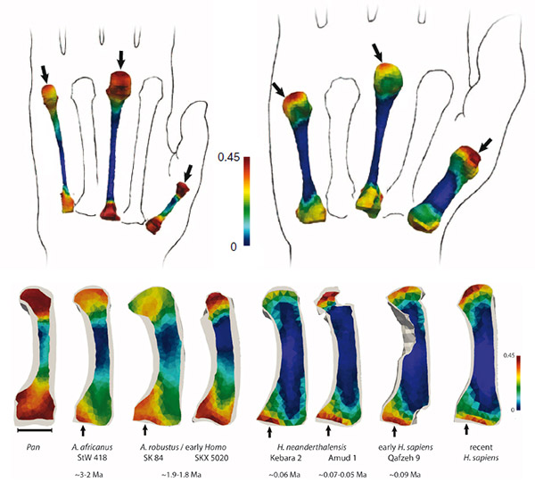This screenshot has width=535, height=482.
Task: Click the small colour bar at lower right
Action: click(506, 381)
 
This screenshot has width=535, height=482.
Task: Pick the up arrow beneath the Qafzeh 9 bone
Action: click(394, 431)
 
